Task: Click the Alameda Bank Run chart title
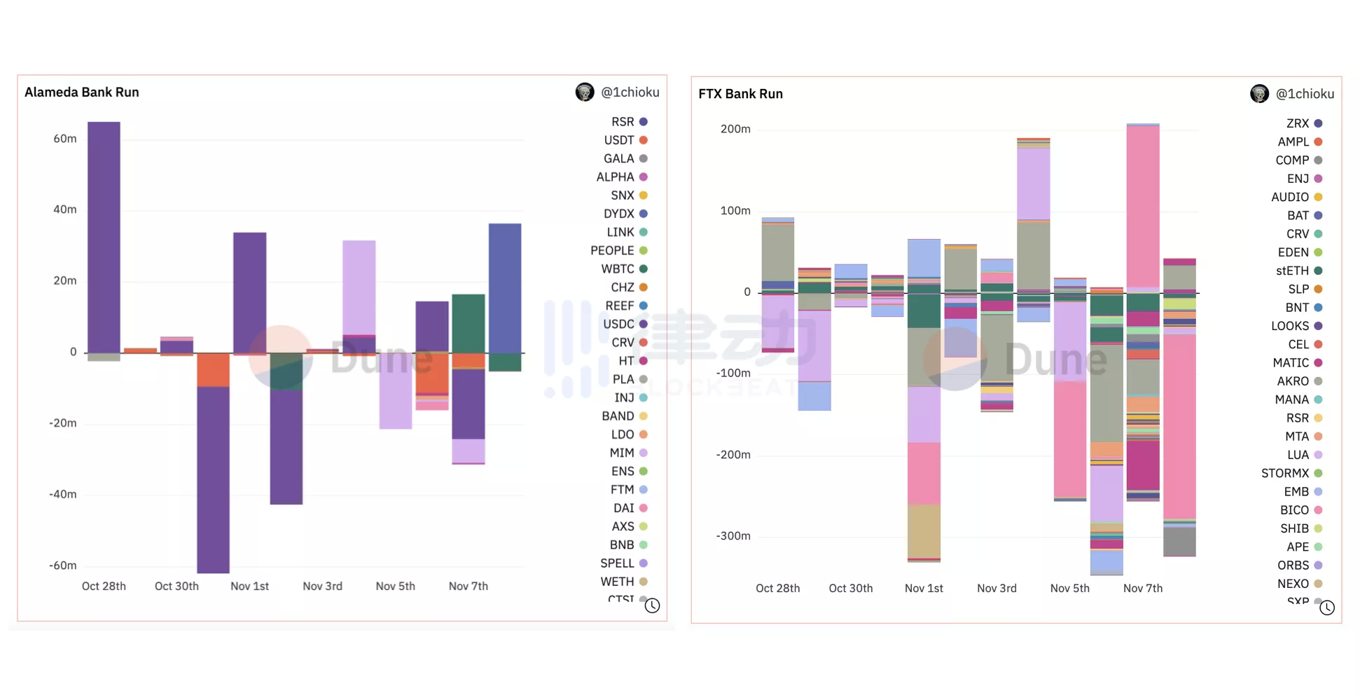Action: click(82, 93)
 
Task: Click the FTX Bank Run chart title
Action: click(740, 94)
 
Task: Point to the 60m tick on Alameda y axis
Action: click(65, 139)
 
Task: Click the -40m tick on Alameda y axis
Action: click(63, 494)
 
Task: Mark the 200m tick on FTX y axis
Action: click(735, 129)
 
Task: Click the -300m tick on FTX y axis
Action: click(733, 536)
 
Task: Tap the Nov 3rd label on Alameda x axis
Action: click(322, 586)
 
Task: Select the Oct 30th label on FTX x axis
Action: click(851, 588)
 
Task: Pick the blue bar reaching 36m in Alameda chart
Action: click(505, 287)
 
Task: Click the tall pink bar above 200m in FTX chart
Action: click(1143, 206)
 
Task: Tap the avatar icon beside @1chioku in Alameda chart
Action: click(585, 93)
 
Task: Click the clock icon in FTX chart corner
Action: click(1327, 608)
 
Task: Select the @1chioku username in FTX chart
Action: click(1305, 94)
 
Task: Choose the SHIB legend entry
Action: click(1296, 528)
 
